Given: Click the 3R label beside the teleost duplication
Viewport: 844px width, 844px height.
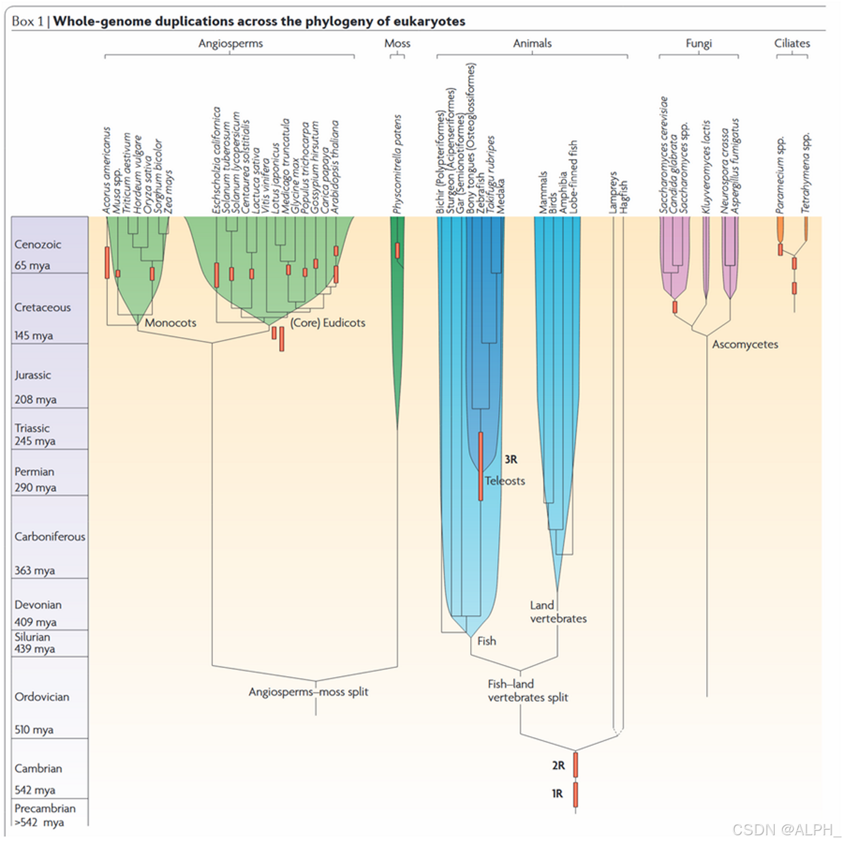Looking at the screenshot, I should tap(511, 459).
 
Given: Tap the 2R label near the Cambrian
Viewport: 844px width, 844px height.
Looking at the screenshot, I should tap(558, 765).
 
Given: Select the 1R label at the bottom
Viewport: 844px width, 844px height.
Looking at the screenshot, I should tap(557, 793).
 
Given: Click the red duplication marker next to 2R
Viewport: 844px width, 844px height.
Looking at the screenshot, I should tap(576, 765).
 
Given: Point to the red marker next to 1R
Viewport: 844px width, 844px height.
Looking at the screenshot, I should tap(576, 795).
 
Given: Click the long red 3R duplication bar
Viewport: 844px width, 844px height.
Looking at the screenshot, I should tap(481, 466).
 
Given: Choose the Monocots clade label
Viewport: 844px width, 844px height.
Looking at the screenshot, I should tap(170, 323).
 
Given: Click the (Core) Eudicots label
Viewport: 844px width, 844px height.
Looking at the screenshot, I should tap(328, 323).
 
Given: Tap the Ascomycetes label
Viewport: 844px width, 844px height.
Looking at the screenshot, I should tap(745, 344).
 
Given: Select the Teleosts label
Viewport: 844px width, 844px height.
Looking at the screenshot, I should tap(506, 481).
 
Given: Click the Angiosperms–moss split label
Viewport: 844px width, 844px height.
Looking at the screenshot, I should tap(308, 692).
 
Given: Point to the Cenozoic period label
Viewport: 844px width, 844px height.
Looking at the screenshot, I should tap(37, 244).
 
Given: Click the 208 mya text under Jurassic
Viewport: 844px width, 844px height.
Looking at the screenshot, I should tap(36, 400).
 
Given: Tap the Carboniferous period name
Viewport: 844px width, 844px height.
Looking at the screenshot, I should tap(50, 536).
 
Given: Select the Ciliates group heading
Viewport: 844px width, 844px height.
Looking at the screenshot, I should tap(792, 43).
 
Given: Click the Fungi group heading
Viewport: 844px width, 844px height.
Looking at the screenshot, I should tap(699, 43).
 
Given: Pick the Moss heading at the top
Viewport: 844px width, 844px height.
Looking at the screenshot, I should tap(397, 43).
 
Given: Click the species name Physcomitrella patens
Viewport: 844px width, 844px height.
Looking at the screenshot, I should tap(398, 164).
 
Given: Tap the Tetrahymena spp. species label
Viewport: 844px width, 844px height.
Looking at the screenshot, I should tap(806, 172).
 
